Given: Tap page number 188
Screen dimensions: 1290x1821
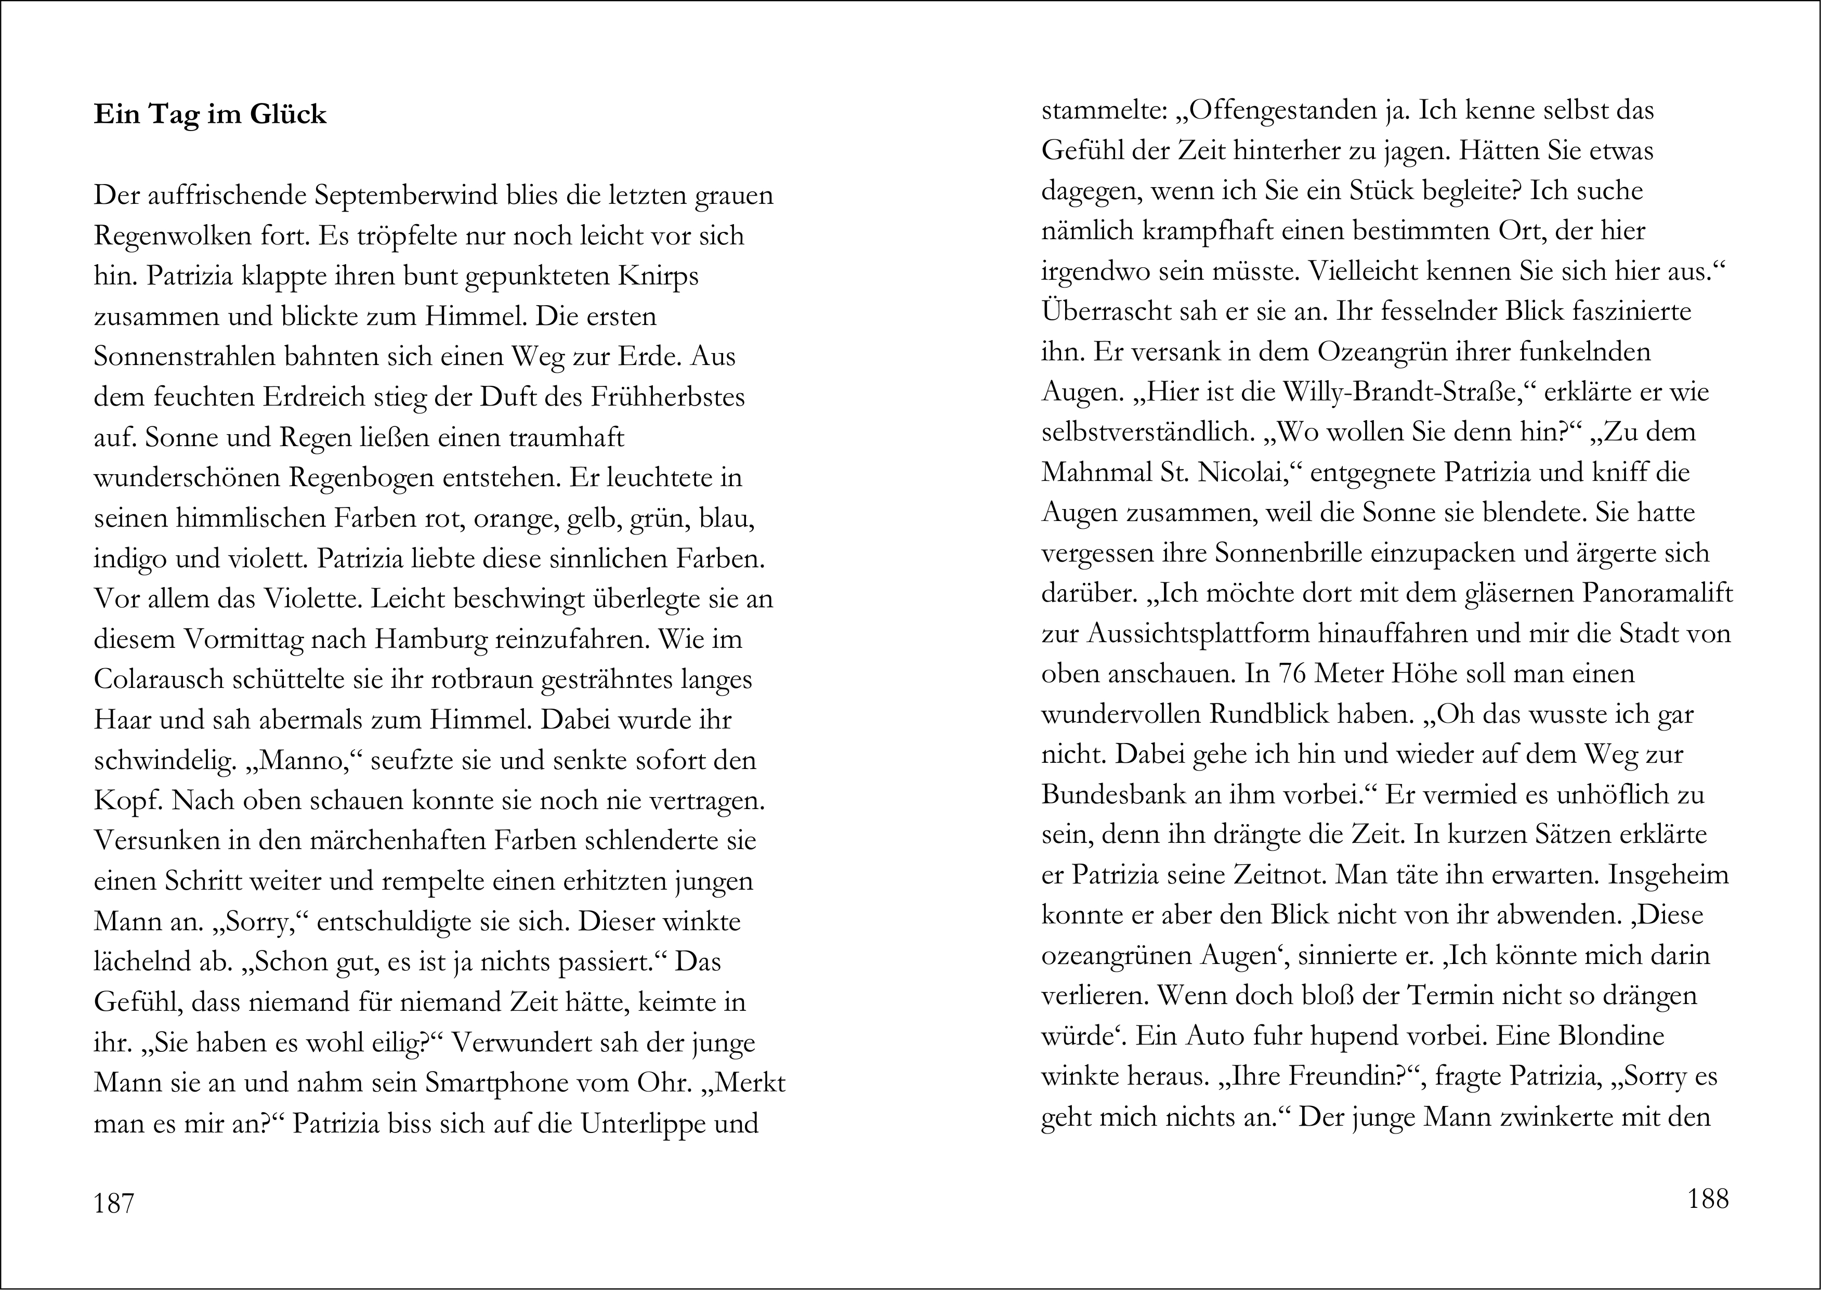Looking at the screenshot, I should (x=1708, y=1198).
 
